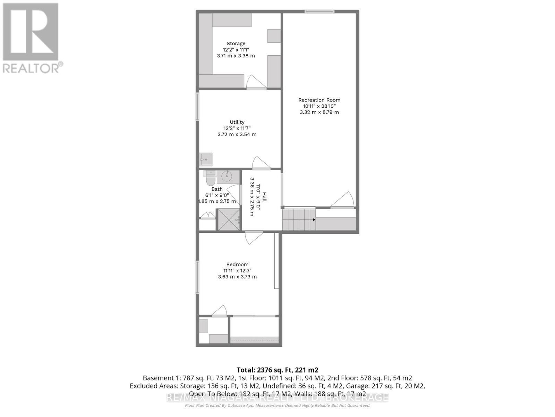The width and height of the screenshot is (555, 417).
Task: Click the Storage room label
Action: point(236,43)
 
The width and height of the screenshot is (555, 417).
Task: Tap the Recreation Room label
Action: point(319,100)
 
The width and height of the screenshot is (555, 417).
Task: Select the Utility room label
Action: point(237,122)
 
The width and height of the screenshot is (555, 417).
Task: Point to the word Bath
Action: point(217,189)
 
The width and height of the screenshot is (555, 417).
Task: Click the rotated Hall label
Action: point(264,197)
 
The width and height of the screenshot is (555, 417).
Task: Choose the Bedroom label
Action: point(237,264)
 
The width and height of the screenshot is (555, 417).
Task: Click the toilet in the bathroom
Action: point(210,179)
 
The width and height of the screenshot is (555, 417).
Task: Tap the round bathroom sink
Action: point(227,177)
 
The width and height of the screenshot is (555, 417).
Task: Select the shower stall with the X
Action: point(228,219)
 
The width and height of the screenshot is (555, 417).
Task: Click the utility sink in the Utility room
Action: point(205,160)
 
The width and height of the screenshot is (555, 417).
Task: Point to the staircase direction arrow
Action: point(313,220)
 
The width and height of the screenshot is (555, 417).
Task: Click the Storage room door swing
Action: point(256,82)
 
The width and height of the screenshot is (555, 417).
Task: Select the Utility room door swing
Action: point(261,163)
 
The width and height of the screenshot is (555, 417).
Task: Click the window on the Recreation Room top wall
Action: point(319,11)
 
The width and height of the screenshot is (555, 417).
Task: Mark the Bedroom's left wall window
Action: point(197,277)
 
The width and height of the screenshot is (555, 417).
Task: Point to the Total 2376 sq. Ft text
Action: point(277,370)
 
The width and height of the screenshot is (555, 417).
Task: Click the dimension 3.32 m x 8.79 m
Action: point(319,112)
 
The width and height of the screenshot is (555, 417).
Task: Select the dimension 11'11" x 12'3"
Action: point(237,271)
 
